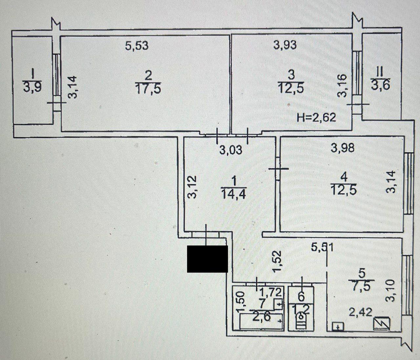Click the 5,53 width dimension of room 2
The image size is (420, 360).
pos(136,46)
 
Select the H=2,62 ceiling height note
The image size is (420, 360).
pos(316,117)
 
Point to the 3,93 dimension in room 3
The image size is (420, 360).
pos(285,45)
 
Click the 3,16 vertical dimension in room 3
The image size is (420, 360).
pos(342,86)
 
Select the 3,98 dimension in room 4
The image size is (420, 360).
pos(343,148)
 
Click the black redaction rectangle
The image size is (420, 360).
pos(207,259)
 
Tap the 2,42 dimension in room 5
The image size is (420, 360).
pos(361,312)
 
